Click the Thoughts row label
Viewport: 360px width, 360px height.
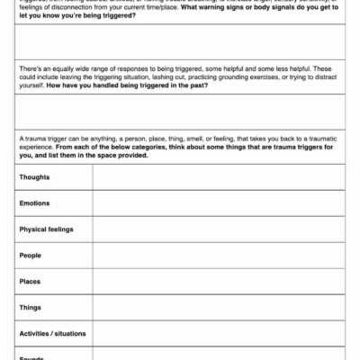pos(35,177)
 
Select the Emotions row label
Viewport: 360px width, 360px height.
pos(35,203)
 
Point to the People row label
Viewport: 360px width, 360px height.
pos(31,256)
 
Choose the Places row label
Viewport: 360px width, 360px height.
pos(31,282)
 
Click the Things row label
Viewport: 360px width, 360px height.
pos(31,308)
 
